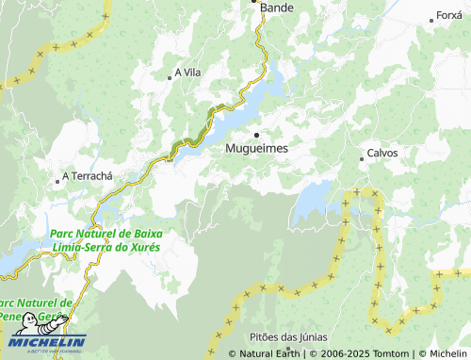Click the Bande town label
tap(277, 8)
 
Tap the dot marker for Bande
tap(255, 2)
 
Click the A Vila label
tap(189, 73)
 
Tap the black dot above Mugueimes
tap(256, 135)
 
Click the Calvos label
tap(382, 153)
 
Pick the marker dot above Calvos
tap(362, 159)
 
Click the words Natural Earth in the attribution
tap(270, 354)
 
